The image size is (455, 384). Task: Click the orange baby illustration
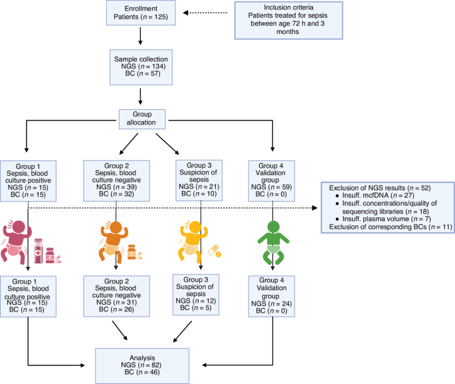[x=114, y=239]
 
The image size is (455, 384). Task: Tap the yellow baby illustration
[x=193, y=239]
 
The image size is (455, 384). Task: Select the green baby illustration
[x=275, y=239]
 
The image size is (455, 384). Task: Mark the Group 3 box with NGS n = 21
[x=199, y=176]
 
